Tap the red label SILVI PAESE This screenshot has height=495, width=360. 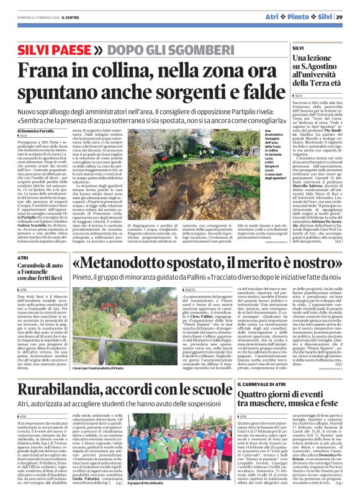click(x=45, y=48)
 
